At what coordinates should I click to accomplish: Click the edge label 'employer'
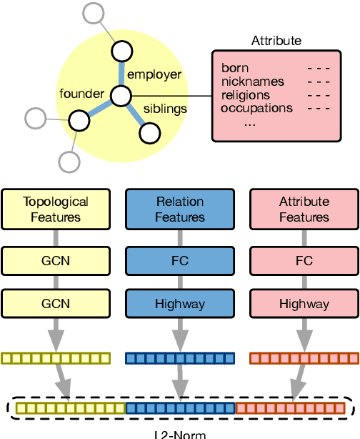pyautogui.click(x=154, y=74)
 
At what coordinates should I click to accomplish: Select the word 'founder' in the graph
pyautogui.click(x=83, y=94)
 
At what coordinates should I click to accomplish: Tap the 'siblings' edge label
pyautogui.click(x=166, y=109)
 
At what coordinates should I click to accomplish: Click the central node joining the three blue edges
pyautogui.click(x=121, y=95)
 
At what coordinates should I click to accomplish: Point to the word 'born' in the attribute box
pyautogui.click(x=235, y=69)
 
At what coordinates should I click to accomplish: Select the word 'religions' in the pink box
pyautogui.click(x=246, y=95)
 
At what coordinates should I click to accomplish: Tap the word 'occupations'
pyautogui.click(x=256, y=109)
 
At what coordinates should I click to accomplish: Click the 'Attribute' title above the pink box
pyautogui.click(x=276, y=41)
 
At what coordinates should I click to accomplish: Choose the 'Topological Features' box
pyautogui.click(x=56, y=209)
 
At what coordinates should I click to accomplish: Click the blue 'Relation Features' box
pyautogui.click(x=180, y=209)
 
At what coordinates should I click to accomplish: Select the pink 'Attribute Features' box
pyautogui.click(x=304, y=209)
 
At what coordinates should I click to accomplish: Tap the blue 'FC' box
pyautogui.click(x=180, y=261)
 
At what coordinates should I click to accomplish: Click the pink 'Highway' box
pyautogui.click(x=304, y=304)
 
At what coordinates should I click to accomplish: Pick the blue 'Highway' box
pyautogui.click(x=180, y=304)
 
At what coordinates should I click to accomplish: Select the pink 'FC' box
pyautogui.click(x=304, y=261)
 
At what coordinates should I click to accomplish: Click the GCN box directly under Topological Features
pyautogui.click(x=56, y=261)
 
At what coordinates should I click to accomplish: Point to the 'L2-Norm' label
pyautogui.click(x=180, y=433)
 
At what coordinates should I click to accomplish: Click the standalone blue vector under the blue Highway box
pyautogui.click(x=180, y=358)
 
